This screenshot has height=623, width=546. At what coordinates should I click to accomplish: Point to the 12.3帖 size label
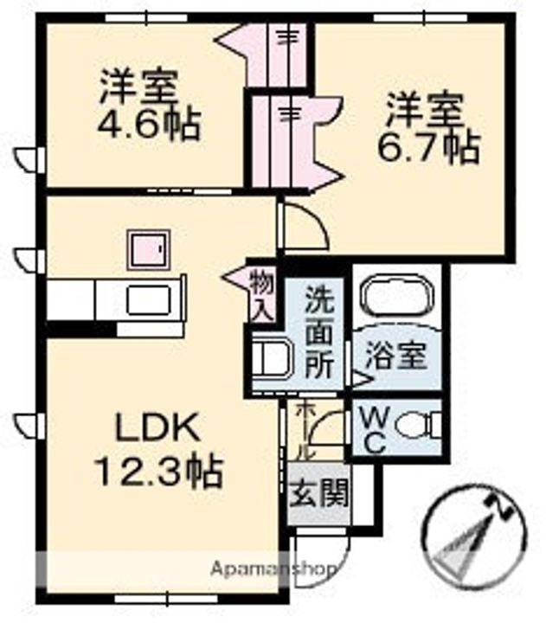tap(158, 472)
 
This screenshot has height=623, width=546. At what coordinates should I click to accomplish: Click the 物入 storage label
tap(260, 294)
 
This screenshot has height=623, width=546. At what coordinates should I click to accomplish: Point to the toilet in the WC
tap(415, 426)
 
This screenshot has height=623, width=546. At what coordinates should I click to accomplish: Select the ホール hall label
tap(304, 430)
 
